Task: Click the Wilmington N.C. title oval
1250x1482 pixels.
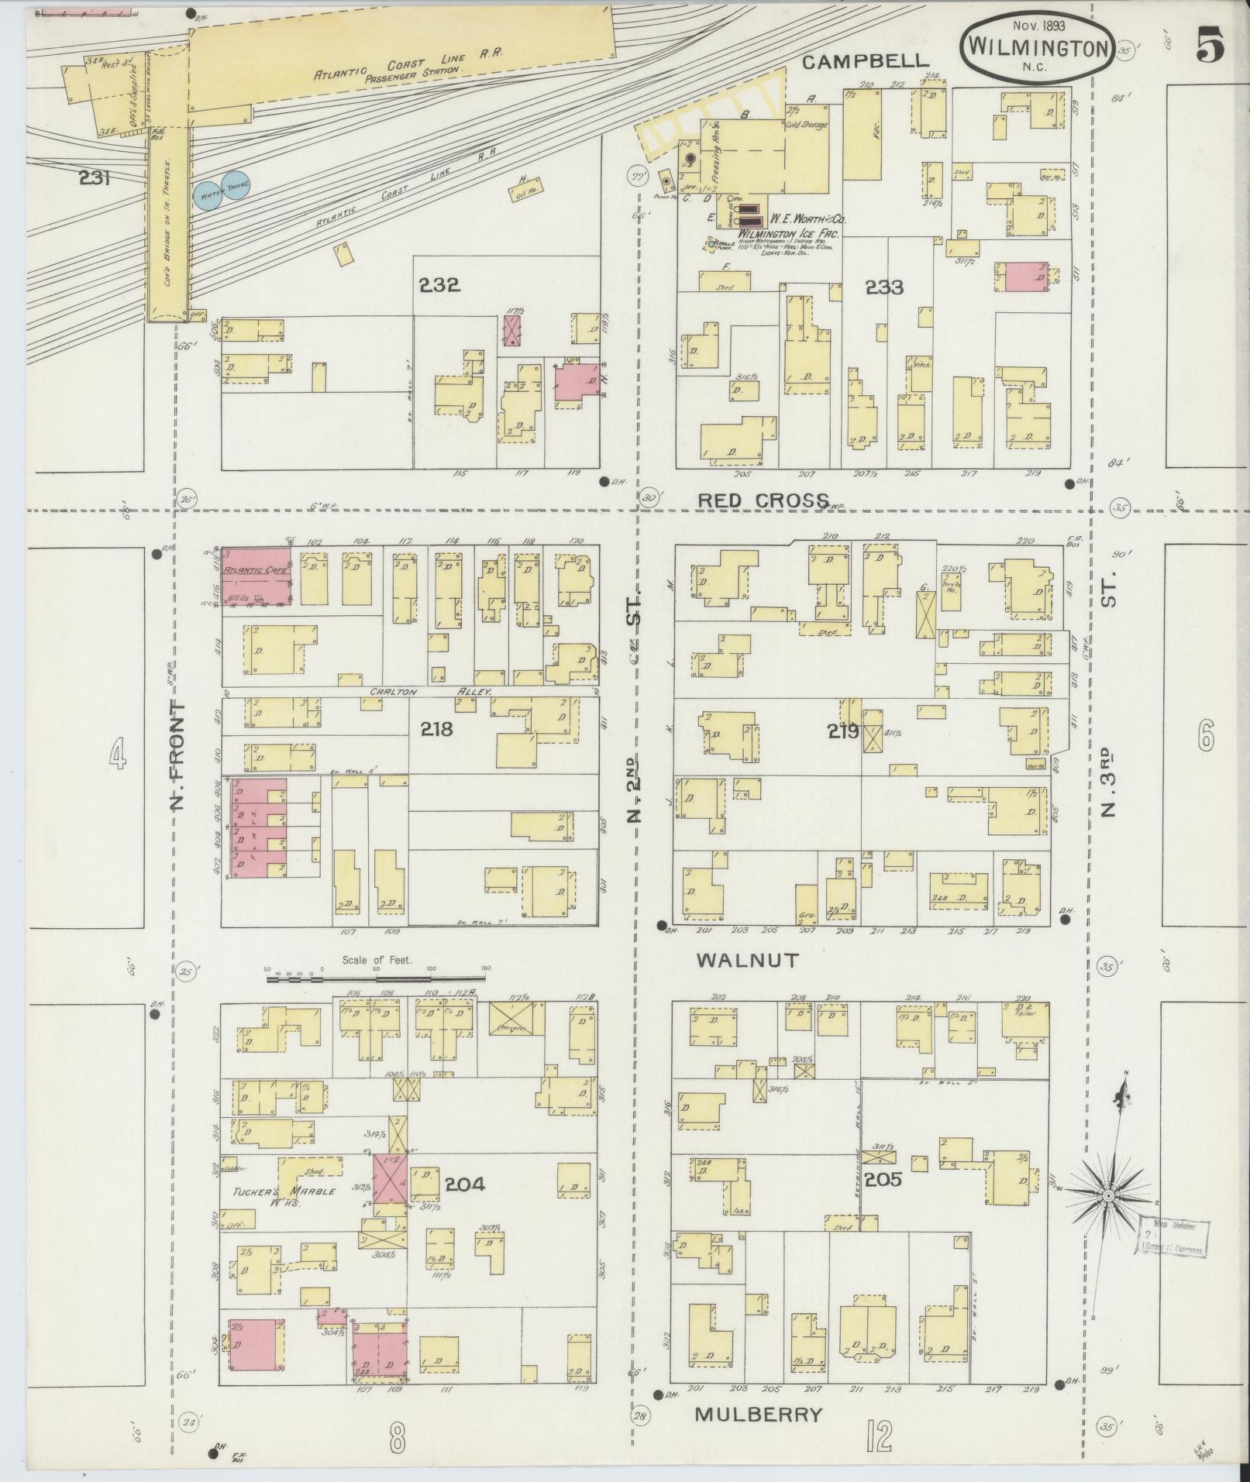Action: coord(1038,48)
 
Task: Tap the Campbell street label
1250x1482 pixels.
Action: coord(865,62)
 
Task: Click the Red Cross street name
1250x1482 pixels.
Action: coord(763,500)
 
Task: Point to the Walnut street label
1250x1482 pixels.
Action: coord(747,961)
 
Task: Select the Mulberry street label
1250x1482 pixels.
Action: coord(758,1414)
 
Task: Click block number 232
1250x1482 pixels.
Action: coord(439,285)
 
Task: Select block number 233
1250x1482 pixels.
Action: coord(884,287)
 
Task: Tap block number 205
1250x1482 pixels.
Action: coord(883,1201)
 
